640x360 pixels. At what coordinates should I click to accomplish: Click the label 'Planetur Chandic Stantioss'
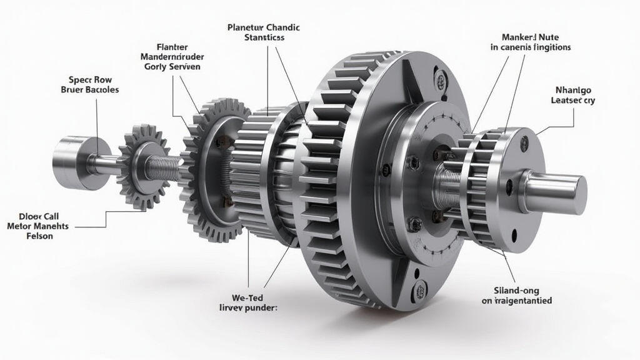coord(263,32)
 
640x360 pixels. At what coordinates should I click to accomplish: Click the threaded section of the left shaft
coord(167,166)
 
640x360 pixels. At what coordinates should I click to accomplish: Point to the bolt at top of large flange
coord(442,80)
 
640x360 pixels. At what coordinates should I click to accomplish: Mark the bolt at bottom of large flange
coord(421,289)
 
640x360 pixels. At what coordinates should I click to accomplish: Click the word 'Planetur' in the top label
coord(246,27)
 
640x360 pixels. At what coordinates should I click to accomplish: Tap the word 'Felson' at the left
coord(38,236)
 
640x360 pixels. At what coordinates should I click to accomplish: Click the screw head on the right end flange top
coord(524,143)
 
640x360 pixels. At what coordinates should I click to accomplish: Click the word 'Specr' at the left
coord(79,80)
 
